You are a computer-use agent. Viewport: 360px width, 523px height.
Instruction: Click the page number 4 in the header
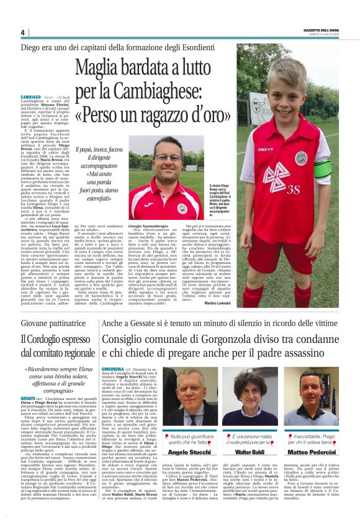pyautogui.click(x=23, y=32)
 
